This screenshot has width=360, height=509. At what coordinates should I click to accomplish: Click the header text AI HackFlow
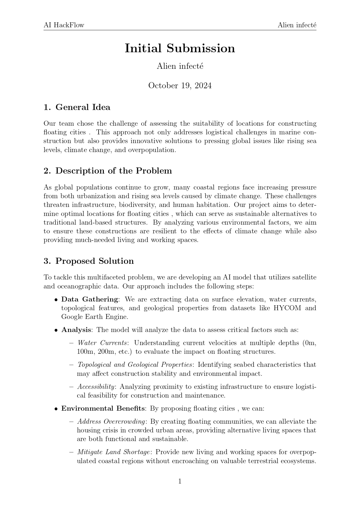tap(64, 25)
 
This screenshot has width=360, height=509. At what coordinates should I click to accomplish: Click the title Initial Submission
tap(180, 48)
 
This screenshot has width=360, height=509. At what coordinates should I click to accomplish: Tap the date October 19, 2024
tap(180, 86)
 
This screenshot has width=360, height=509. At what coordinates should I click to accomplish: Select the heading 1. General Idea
tap(77, 107)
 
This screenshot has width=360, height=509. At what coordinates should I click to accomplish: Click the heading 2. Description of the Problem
tap(108, 171)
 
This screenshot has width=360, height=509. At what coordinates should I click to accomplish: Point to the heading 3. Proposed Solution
tap(89, 261)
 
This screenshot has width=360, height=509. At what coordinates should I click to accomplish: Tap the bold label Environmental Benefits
tap(103, 409)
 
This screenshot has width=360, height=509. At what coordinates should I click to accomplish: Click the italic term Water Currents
tap(102, 343)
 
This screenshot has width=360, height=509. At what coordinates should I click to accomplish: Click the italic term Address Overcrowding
tap(111, 422)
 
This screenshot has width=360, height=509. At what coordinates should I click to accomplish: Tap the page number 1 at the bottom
tap(180, 481)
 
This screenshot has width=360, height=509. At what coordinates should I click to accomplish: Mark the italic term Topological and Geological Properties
tap(135, 365)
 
